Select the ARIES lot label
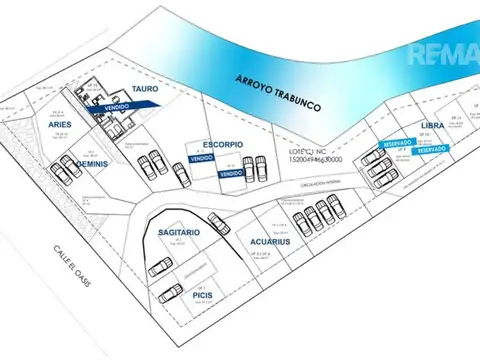coord(54,124)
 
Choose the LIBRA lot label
coord(433,125)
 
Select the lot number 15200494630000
coord(310,159)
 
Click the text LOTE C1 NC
coord(305,150)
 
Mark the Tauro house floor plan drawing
coord(104,100)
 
